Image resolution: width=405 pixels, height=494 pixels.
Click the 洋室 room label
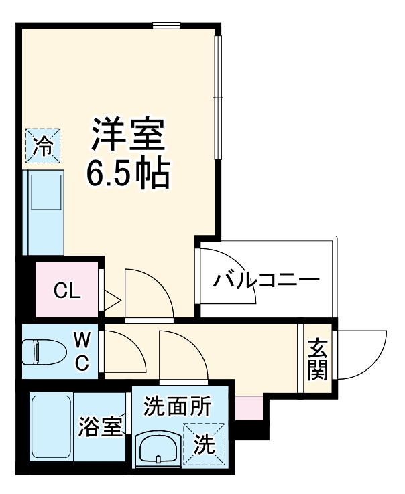127,134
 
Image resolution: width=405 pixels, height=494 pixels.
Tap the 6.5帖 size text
127,172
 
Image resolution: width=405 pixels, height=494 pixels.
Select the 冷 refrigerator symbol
42,145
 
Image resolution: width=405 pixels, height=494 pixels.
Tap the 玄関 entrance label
317,359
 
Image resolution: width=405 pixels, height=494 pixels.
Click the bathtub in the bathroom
51,428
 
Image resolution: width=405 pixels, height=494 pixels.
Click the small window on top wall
166,26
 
